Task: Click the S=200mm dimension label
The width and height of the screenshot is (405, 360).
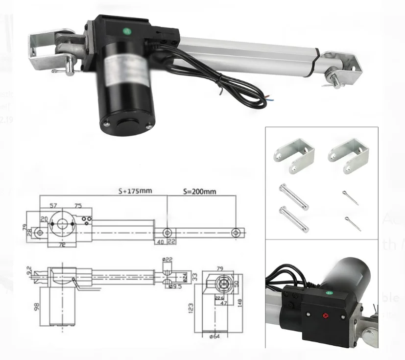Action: [200, 191]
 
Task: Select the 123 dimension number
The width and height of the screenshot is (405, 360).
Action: [191, 308]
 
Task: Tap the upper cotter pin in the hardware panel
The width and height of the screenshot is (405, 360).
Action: [351, 197]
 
